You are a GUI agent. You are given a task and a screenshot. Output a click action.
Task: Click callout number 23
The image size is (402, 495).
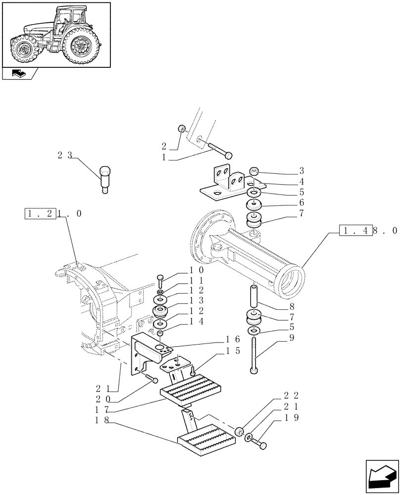tap(64, 155)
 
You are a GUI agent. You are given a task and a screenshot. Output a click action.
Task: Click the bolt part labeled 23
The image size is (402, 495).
tap(105, 178)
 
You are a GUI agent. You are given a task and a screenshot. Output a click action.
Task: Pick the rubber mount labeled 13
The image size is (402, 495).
tap(161, 312)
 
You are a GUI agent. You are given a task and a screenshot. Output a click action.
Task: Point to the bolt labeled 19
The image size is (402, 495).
tap(259, 443)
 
